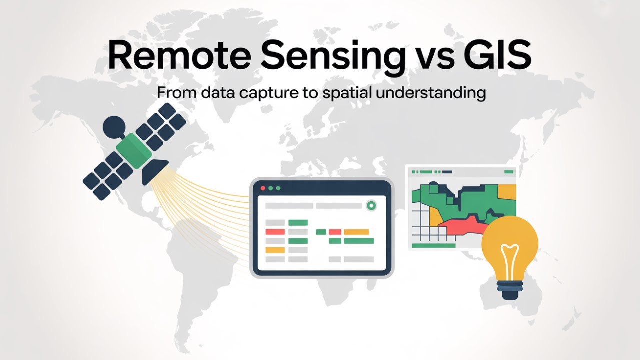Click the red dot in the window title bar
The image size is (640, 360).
262,188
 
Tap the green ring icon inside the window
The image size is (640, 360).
371,205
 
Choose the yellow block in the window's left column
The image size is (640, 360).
275,250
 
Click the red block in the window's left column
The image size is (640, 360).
275,232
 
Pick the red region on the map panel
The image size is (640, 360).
462,227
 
